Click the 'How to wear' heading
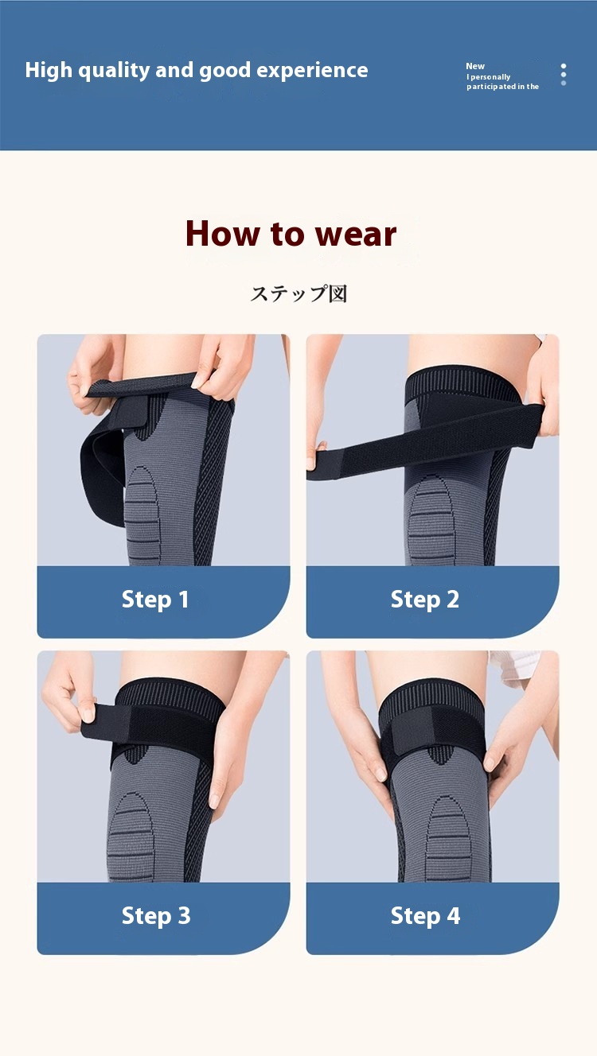(291, 233)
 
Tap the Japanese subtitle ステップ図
(298, 293)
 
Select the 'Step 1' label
(155, 600)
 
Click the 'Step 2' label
(425, 600)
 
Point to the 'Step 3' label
(156, 916)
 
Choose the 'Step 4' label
(425, 916)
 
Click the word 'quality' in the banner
(114, 71)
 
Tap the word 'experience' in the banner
(312, 71)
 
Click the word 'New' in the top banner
(475, 67)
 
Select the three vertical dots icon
(564, 75)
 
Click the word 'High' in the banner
(49, 70)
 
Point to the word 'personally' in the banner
(490, 77)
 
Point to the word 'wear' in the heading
(355, 234)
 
